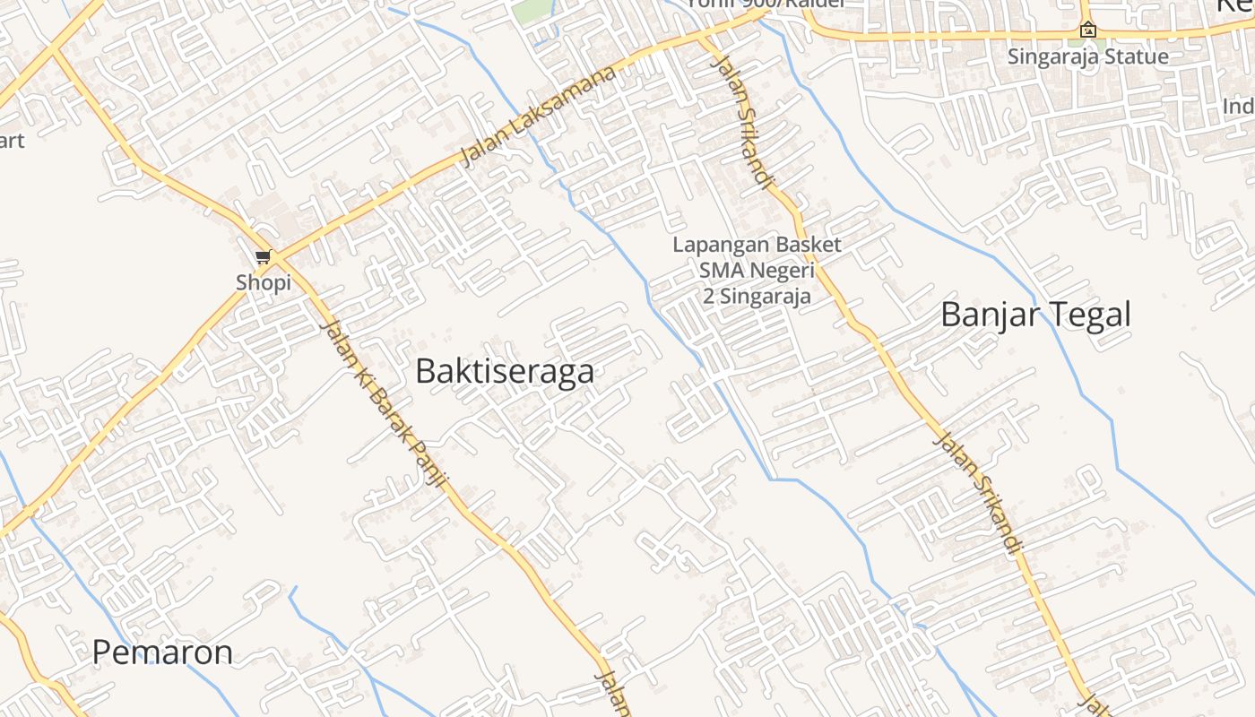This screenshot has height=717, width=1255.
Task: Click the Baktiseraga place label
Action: (x=504, y=371)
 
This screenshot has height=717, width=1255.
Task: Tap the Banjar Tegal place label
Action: (x=1035, y=315)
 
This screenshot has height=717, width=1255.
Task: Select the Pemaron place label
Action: (x=162, y=652)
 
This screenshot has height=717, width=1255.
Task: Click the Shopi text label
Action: (x=264, y=282)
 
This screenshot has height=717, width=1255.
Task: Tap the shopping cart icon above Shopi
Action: (x=263, y=258)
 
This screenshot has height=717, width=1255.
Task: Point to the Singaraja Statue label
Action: (x=1087, y=56)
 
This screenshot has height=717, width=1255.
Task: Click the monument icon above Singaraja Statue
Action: (x=1087, y=30)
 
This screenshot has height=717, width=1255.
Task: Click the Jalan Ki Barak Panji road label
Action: (x=383, y=402)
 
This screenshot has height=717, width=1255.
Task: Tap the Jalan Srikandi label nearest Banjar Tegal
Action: (x=978, y=491)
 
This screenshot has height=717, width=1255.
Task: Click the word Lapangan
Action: (x=714, y=245)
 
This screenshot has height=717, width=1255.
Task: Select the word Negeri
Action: (x=782, y=271)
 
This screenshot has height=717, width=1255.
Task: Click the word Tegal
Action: (x=1089, y=315)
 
